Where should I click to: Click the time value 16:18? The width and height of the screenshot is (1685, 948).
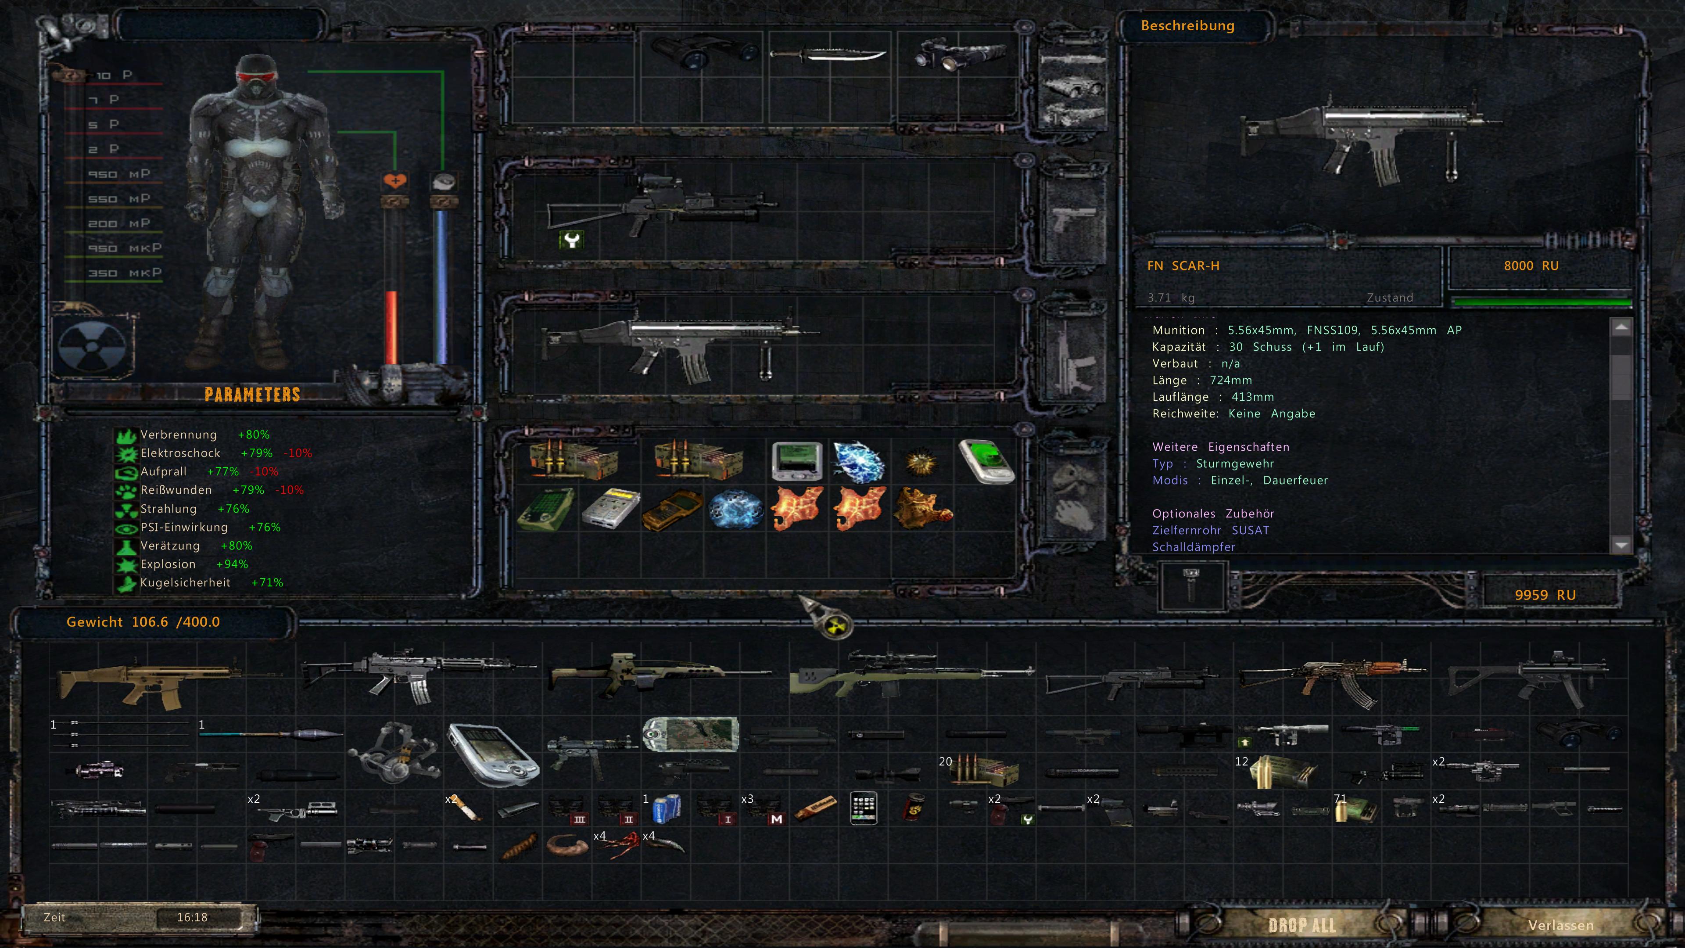click(x=192, y=917)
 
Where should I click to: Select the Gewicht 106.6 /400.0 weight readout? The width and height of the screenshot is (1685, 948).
click(x=143, y=621)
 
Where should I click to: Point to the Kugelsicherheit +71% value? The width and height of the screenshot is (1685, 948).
click(x=267, y=582)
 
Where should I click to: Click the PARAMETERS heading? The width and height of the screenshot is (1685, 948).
click(x=252, y=395)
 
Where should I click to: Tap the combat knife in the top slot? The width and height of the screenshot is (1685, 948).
click(x=828, y=56)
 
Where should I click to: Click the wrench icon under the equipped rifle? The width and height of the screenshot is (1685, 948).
click(x=571, y=240)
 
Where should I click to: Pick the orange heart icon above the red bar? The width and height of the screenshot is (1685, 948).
click(x=394, y=180)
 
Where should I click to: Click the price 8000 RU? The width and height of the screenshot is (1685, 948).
click(x=1531, y=266)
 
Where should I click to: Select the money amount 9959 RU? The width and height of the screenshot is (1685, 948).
click(x=1545, y=595)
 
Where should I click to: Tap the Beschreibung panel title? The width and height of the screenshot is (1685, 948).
click(x=1187, y=25)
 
